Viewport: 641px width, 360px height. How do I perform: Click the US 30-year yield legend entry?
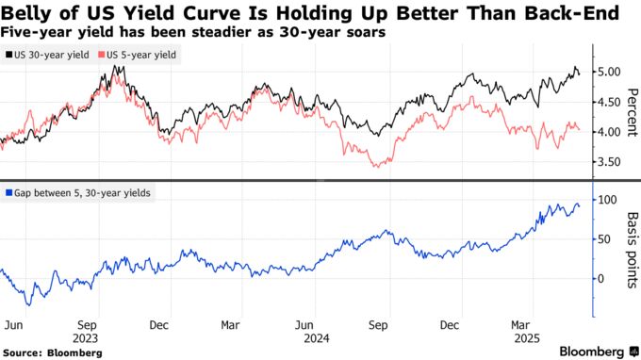[x=51, y=55]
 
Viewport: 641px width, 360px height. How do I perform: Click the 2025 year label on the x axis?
[x=527, y=337]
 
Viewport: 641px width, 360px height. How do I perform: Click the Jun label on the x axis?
[x=12, y=324]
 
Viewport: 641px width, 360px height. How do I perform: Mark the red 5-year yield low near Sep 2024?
[x=378, y=167]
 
